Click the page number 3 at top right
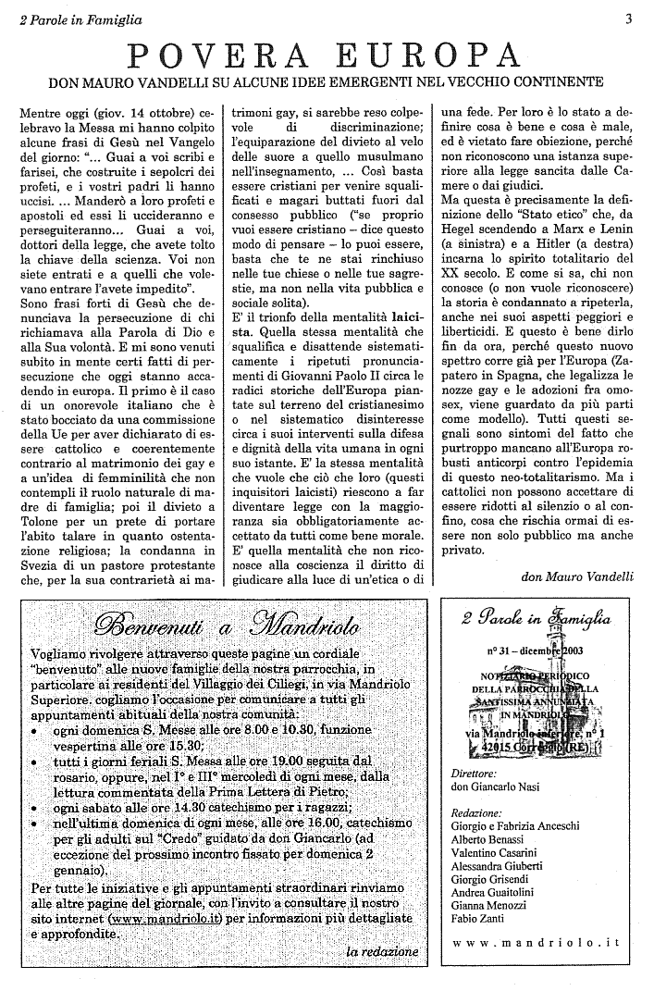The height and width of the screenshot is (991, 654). pos(628,17)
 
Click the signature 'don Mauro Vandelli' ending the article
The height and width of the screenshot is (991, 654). pos(577,576)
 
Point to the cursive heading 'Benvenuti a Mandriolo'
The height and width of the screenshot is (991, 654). pos(221,625)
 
